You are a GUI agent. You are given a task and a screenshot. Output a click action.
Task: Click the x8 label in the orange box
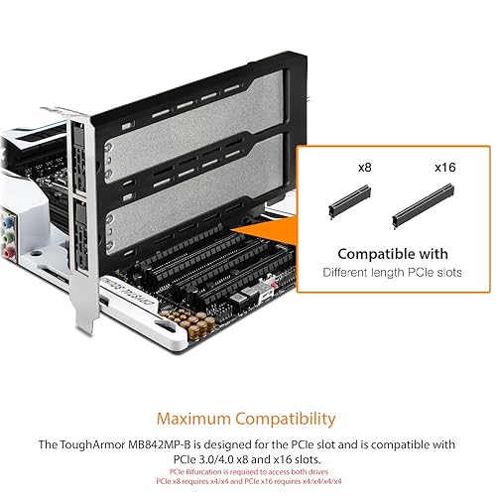click(x=364, y=169)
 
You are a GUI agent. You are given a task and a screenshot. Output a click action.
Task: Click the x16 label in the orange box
click(x=443, y=169)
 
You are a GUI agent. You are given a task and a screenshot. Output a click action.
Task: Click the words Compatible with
click(x=393, y=254)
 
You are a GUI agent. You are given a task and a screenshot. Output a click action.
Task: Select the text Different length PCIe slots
click(x=393, y=272)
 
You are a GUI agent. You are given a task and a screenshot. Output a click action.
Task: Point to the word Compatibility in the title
click(x=289, y=419)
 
